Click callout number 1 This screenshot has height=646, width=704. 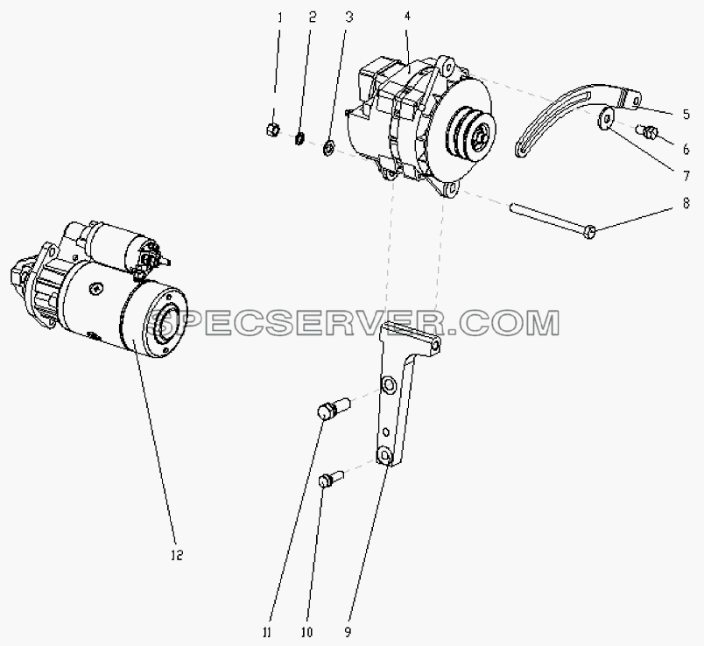pos(279,18)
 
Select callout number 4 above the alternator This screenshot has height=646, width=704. pos(407,17)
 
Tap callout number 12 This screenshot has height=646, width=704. pos(177,555)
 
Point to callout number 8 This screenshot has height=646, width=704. pos(686,203)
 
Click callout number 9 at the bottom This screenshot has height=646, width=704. pos(348,633)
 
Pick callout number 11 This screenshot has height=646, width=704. pos(267,633)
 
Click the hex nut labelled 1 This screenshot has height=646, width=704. pos(272,130)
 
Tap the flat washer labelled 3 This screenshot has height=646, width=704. pos(328,148)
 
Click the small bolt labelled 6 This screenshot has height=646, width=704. pos(648,131)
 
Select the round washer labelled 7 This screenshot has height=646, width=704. pos(605,118)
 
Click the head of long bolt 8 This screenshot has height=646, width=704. pos(591,232)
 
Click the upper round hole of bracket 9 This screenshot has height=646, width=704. pos(389,385)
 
